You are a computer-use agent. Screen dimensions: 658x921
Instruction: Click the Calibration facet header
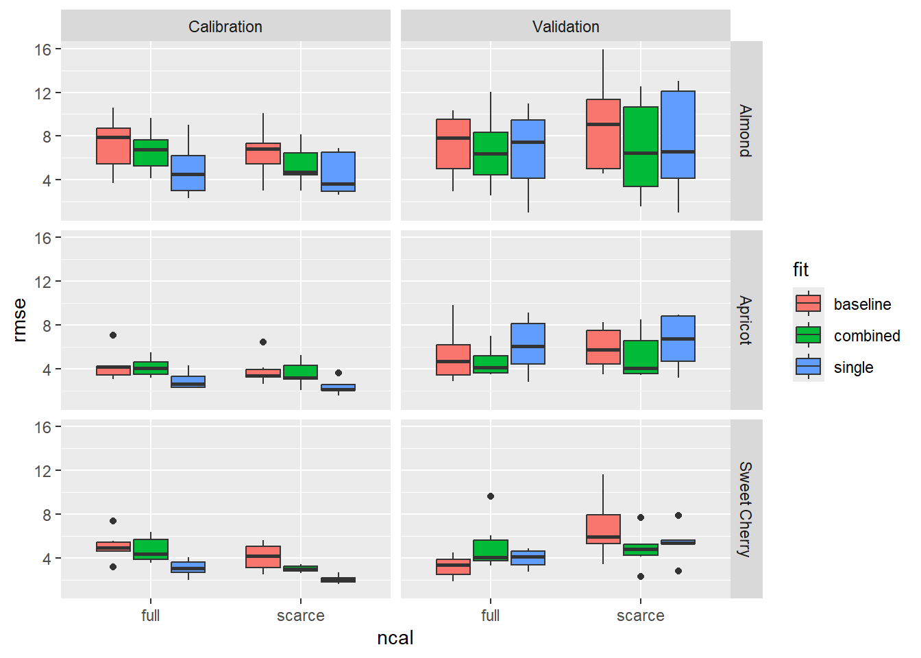pos(225,27)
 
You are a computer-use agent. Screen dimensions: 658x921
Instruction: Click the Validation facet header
pos(565,27)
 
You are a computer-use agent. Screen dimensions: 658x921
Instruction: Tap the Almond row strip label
pos(746,131)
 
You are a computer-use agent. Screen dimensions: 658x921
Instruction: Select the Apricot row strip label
pos(746,320)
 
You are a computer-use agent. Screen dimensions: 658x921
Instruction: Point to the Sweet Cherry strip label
pos(746,509)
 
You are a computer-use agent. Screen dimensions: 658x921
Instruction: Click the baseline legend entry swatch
pos(808,304)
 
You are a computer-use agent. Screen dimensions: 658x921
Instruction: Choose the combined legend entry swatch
pos(808,335)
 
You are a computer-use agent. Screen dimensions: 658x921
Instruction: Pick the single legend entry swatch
pos(808,367)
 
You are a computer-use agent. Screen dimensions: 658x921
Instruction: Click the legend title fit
pos(800,269)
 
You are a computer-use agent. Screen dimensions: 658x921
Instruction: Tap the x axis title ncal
pos(395,638)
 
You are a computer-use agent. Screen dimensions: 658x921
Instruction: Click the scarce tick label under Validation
pos(640,616)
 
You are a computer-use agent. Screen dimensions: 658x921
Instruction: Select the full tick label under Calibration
pos(150,616)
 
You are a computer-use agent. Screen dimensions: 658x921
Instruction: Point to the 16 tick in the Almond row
pos(43,49)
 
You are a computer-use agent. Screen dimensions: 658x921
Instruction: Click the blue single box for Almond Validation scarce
pos(678,123)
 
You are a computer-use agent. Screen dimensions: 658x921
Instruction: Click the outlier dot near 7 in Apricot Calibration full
pos(113,335)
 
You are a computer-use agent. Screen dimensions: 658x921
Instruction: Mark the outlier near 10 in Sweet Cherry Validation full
pos(491,496)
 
